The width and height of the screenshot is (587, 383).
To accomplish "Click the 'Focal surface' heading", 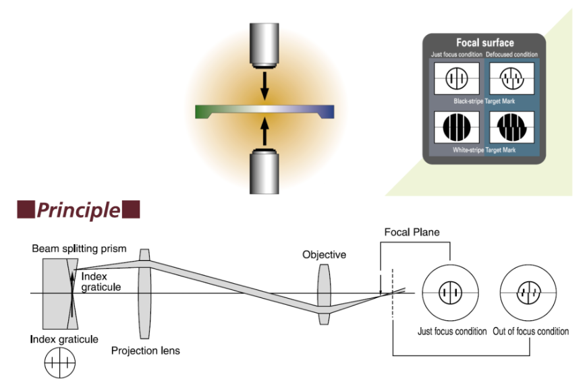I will point(484,43).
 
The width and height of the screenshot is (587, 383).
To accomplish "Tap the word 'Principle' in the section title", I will point(78,210).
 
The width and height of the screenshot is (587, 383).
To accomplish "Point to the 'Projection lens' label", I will point(146,351).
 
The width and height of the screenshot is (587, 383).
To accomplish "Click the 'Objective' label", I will point(324,255).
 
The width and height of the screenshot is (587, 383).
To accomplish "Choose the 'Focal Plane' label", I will point(412,233).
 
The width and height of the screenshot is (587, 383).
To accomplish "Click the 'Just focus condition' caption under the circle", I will point(451,331).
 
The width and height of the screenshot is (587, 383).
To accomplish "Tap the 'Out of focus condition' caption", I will point(530,331).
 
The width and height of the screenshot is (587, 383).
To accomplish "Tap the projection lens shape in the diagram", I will point(144,293).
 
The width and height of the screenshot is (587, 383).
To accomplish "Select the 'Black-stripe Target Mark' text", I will point(484,100).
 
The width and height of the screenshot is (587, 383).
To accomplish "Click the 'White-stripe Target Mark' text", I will point(484,150).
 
